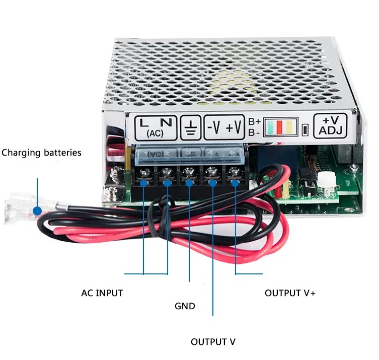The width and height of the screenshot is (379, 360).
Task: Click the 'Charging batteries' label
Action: point(41,153)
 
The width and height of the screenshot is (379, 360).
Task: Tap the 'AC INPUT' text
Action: point(102,293)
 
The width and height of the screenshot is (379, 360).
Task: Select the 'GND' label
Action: point(185,306)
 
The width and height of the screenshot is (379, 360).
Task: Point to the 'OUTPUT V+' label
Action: point(290,293)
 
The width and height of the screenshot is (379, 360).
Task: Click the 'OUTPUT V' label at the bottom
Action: point(213,342)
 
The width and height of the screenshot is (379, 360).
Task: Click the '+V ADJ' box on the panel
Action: point(330,126)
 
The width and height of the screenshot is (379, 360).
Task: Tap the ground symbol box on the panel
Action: point(191,127)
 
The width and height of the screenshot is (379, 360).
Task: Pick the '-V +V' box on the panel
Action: point(225,127)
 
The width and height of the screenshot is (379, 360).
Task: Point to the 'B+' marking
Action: point(254,121)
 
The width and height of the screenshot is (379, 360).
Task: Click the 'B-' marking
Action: point(254,133)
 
